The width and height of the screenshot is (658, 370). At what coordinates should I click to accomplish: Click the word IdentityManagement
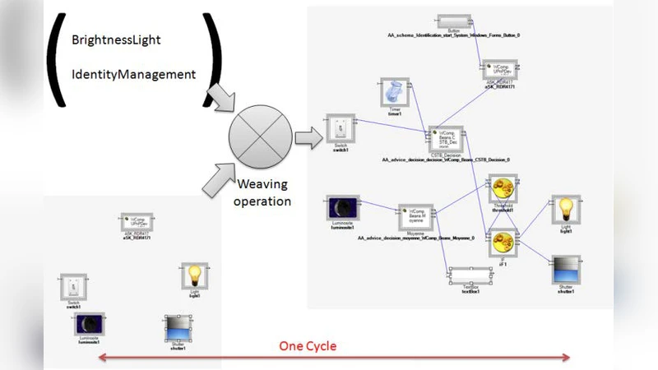pyautogui.click(x=134, y=75)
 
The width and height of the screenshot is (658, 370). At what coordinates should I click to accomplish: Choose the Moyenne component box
pyautogui.click(x=421, y=216)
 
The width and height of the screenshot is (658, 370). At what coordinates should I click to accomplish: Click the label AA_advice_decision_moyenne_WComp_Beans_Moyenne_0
pyautogui.click(x=416, y=238)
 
